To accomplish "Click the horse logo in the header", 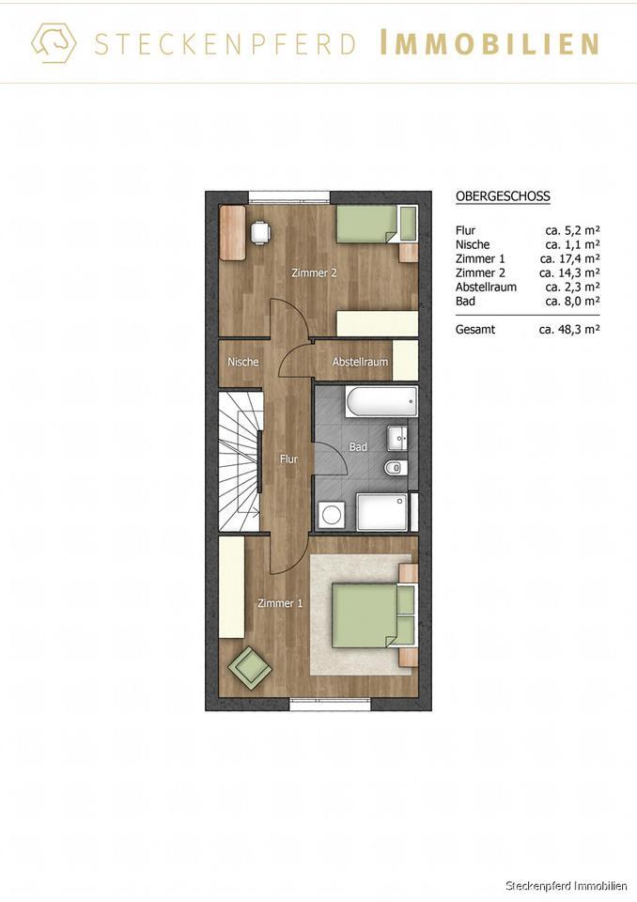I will pyautogui.click(x=54, y=42).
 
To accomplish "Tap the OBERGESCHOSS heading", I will pyautogui.click(x=503, y=196).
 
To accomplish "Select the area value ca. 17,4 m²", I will pyautogui.click(x=569, y=258).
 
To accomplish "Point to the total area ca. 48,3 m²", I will pyautogui.click(x=569, y=330).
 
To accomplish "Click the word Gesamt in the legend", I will pyautogui.click(x=474, y=330).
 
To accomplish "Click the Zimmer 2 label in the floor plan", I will pyautogui.click(x=314, y=273).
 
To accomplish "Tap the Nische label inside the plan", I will pyautogui.click(x=242, y=362).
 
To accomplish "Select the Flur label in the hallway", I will pyautogui.click(x=288, y=459).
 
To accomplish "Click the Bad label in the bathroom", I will pyautogui.click(x=358, y=447).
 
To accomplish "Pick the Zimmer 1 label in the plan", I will pyautogui.click(x=280, y=603).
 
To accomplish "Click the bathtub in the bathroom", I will pyautogui.click(x=381, y=403).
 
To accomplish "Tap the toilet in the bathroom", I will pyautogui.click(x=396, y=468).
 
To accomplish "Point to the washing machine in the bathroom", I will pyautogui.click(x=332, y=514).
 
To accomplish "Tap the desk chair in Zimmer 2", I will pyautogui.click(x=258, y=230).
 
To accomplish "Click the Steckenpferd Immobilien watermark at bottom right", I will pyautogui.click(x=567, y=886).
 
